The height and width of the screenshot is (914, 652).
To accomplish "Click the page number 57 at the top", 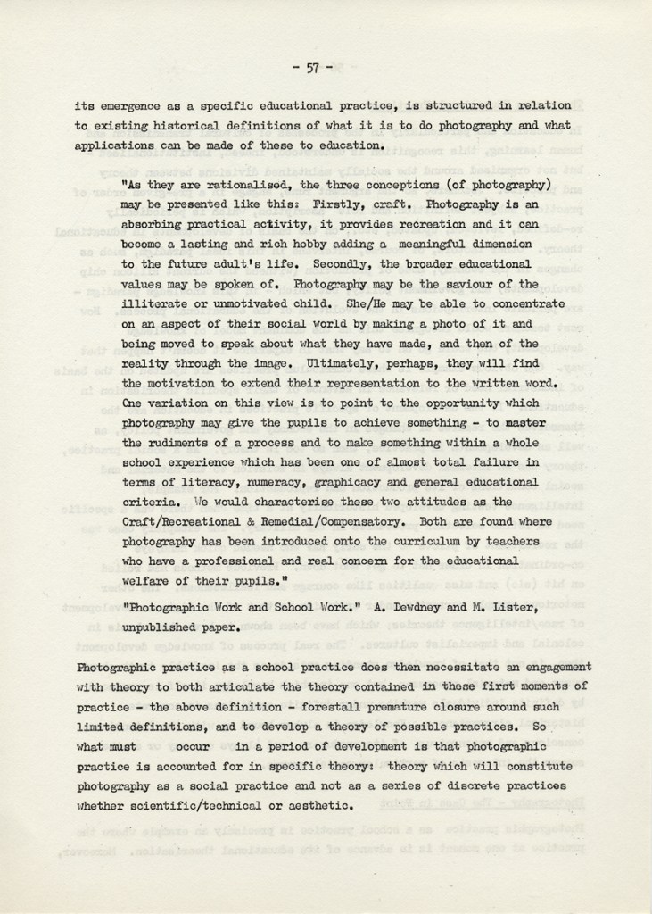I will pyautogui.click(x=312, y=66).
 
